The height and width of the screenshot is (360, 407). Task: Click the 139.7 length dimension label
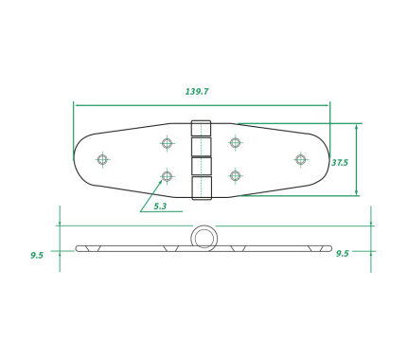197,92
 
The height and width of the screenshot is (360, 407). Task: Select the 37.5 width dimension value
340,163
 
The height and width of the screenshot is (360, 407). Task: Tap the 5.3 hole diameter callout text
160,207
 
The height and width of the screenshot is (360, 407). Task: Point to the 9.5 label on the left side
37,255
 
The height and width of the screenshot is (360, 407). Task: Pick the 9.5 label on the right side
343,253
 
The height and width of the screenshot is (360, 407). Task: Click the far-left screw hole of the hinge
102,159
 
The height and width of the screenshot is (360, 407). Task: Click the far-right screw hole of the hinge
301,159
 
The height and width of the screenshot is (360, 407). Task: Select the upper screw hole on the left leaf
167,143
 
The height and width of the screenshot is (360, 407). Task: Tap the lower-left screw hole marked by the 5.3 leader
167,176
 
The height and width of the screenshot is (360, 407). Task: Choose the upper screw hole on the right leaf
235,142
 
